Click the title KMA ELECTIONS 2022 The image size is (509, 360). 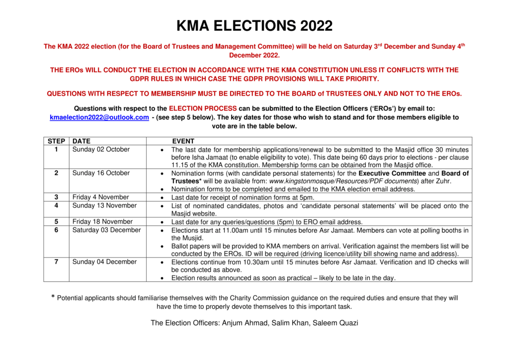pos(254,25)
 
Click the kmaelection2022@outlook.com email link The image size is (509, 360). pos(99,117)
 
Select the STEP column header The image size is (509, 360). pos(57,141)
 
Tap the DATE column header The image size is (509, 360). pos(82,141)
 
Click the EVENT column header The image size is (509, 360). pos(183,141)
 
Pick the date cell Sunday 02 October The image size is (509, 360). pos(101,149)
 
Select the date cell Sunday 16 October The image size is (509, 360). pos(101,173)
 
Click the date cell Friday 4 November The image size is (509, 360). pos(100,197)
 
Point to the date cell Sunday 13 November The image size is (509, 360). pos(104,205)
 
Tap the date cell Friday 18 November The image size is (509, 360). pos(102,221)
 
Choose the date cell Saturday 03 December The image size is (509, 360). pos(106,230)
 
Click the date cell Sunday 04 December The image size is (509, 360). pos(104,262)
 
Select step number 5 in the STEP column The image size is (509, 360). pos(57,221)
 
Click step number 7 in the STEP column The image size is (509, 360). pos(57,262)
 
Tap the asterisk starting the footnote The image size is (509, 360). pos(53,298)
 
